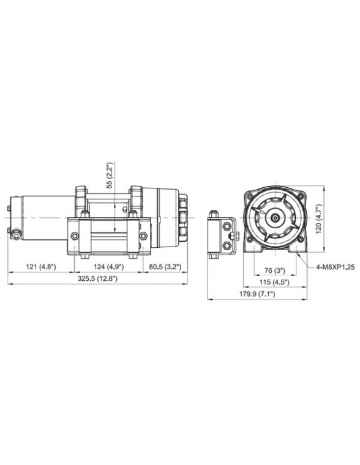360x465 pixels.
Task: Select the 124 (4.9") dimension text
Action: tap(106, 267)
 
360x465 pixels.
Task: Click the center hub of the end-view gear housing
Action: tap(274, 216)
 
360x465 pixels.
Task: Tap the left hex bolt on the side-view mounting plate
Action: tap(74, 236)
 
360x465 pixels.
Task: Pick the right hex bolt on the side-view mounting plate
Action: tap(143, 236)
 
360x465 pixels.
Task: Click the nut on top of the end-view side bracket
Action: tap(214, 215)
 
